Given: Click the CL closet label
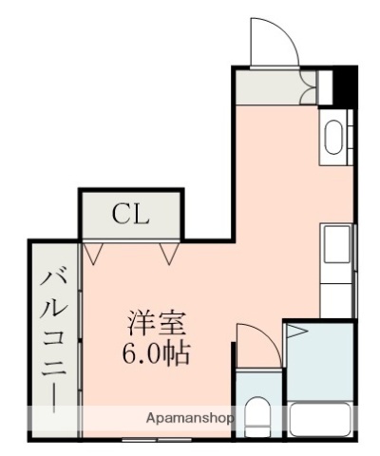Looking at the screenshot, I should [x=130, y=214].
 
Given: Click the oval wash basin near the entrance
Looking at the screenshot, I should [x=333, y=138].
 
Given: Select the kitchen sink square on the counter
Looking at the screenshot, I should [x=335, y=246].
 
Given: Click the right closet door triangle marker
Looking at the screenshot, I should [x=169, y=252].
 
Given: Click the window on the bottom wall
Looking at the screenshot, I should [x=142, y=439].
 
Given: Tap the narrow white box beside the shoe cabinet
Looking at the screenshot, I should [x=325, y=86].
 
